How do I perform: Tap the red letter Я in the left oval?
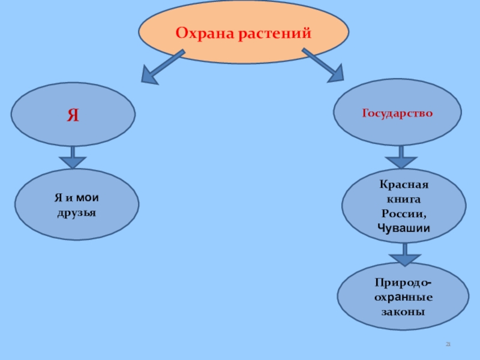click(73, 115)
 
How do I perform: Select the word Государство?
click(397, 112)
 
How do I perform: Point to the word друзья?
click(77, 212)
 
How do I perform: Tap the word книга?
click(404, 199)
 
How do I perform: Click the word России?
click(404, 214)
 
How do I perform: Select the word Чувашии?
click(404, 228)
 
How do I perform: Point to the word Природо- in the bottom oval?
click(403, 281)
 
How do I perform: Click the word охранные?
click(403, 297)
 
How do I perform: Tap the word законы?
click(403, 312)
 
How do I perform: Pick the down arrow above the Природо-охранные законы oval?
click(404, 254)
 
